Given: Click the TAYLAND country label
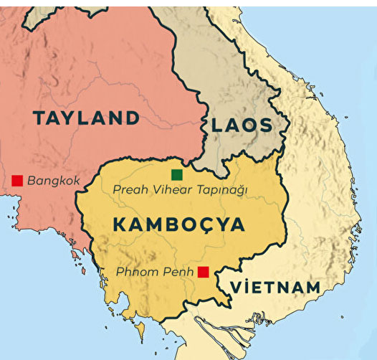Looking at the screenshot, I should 85,118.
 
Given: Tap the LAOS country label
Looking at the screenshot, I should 242,125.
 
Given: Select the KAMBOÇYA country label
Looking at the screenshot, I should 178,224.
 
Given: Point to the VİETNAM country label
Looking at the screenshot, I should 274,288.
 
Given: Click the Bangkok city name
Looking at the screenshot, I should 53,181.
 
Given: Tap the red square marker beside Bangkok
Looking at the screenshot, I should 17,180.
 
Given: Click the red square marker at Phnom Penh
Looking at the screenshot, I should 204,272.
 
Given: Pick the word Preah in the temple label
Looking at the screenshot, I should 130,190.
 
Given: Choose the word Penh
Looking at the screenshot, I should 179,273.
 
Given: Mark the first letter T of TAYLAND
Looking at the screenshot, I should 39,118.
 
